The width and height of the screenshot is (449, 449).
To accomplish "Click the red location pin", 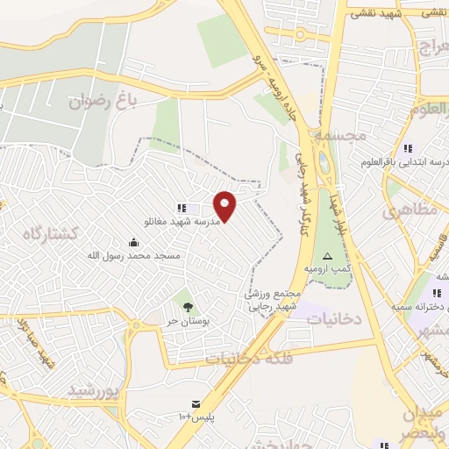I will (x=225, y=205).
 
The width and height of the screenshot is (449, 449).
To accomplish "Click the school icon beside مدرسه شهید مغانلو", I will (x=181, y=208).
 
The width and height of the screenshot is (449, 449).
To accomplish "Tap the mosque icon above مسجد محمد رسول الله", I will (x=133, y=242).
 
